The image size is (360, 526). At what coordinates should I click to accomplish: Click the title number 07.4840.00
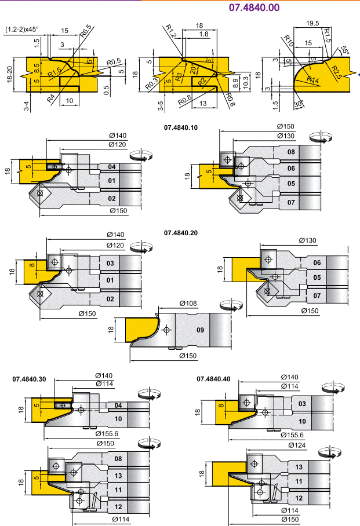point(254,8)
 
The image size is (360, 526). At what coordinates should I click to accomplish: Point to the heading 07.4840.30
point(30,379)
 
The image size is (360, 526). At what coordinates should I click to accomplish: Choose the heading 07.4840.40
point(213,379)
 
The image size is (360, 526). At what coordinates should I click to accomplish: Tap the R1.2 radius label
point(170,30)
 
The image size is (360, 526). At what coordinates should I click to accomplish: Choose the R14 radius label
point(312,79)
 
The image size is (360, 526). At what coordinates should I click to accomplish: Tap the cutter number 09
point(201,330)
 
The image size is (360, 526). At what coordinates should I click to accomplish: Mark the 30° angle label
point(298,105)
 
